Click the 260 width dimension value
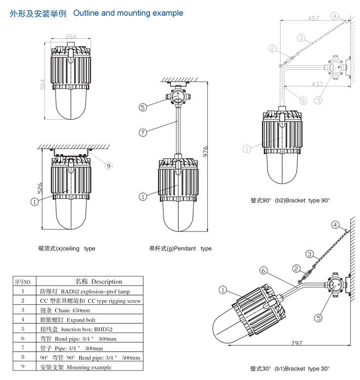(x=71, y=36)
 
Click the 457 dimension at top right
(x=313, y=19)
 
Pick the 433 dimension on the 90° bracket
(x=317, y=84)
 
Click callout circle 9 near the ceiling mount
(x=108, y=165)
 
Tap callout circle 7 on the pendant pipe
(x=143, y=132)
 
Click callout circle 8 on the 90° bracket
(x=303, y=101)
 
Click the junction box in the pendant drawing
(x=176, y=96)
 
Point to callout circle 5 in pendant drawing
(x=143, y=107)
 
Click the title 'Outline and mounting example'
(x=128, y=13)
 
